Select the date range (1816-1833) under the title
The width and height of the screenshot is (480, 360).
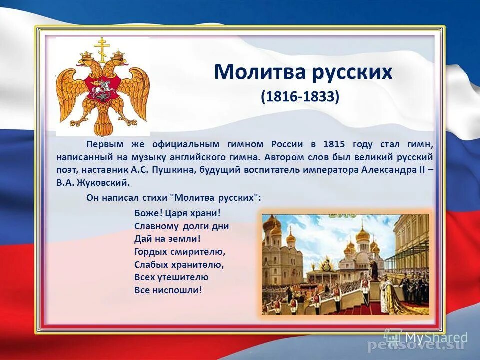[300, 96]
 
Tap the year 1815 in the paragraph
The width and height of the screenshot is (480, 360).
[335, 144]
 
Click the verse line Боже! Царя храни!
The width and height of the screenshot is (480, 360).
[177, 213]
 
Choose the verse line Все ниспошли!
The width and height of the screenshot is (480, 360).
[168, 290]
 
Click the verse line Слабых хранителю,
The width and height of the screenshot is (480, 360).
[179, 264]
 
